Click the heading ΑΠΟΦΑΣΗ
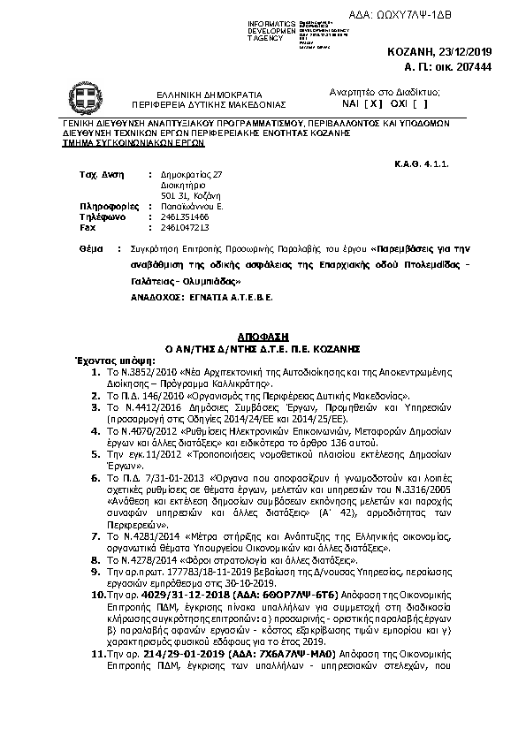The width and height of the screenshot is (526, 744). pyautogui.click(x=263, y=338)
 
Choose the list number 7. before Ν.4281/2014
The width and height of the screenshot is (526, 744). pyautogui.click(x=95, y=536)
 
